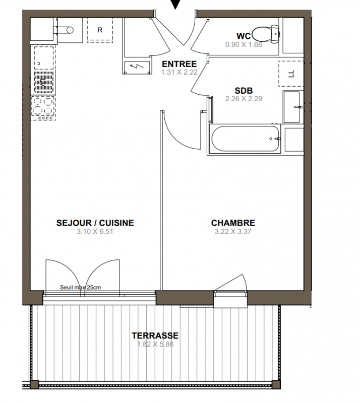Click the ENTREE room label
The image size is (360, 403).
[179, 64]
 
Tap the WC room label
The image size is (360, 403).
[244, 36]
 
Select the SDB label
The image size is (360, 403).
[244, 91]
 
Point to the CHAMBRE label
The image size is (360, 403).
[233, 223]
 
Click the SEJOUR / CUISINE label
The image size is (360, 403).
[95, 223]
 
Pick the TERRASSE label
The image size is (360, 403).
[155, 335]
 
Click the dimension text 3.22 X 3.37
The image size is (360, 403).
[233, 231]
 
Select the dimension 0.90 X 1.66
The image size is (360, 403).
[244, 44]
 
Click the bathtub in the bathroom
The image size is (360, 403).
[245, 139]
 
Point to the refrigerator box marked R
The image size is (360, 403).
[100, 30]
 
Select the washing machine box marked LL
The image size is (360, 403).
[291, 74]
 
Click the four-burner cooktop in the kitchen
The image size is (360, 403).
[43, 108]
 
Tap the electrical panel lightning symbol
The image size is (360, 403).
[137, 67]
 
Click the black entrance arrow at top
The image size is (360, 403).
[175, 4]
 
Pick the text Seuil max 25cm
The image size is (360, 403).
[80, 287]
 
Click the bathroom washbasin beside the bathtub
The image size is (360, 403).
[291, 107]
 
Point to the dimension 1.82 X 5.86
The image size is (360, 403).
[155, 344]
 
